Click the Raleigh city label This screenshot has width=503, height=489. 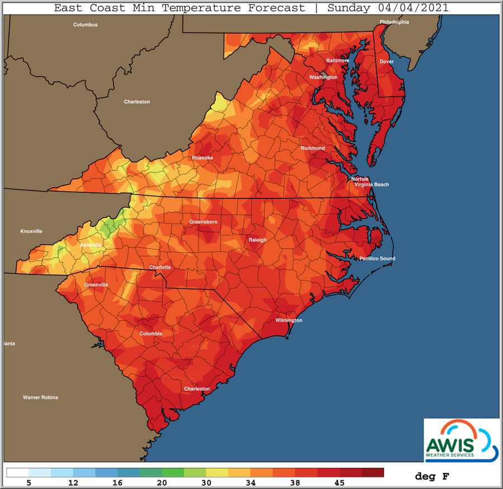click(x=257, y=240)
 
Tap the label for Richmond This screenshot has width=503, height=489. click(x=312, y=148)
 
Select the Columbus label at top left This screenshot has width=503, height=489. click(x=86, y=25)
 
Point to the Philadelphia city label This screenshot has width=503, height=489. click(x=395, y=22)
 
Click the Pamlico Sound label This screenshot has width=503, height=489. click(x=377, y=259)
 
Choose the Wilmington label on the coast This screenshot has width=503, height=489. click(x=288, y=321)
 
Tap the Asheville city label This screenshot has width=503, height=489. click(x=92, y=245)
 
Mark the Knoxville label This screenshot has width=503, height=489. click(x=31, y=231)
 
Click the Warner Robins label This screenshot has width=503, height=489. click(x=40, y=397)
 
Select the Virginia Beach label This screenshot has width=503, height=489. click(x=372, y=184)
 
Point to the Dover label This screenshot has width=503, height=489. click(x=386, y=61)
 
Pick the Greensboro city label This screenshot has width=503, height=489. click(x=203, y=222)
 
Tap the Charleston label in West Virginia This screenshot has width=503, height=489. click(x=137, y=102)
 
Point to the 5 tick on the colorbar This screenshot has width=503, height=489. click(x=29, y=482)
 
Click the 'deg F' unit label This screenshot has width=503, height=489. click(x=432, y=476)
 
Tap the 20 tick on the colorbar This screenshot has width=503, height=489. click(x=162, y=482)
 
